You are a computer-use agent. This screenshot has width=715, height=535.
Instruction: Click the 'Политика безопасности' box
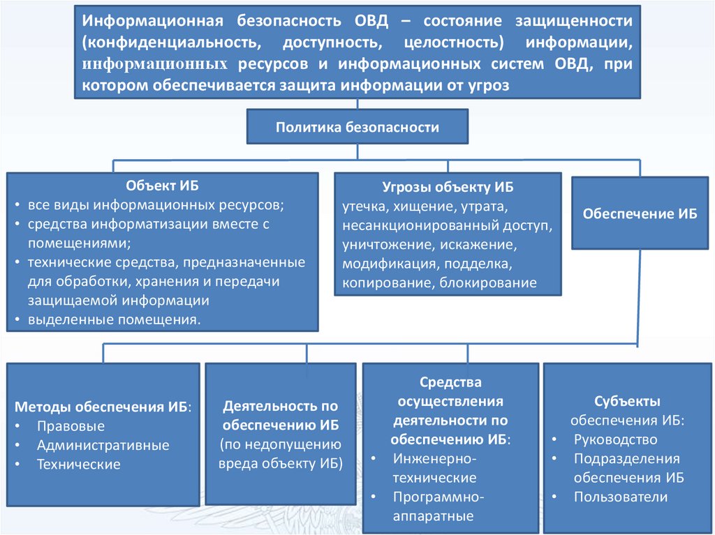tap(357, 128)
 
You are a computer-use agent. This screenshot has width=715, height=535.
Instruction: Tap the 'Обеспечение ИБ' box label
tap(640, 214)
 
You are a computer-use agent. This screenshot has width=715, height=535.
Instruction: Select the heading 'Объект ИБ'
tap(162, 186)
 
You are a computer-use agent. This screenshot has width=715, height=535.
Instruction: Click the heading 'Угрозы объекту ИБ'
tap(448, 188)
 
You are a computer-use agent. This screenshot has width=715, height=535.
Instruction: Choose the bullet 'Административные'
tap(103, 445)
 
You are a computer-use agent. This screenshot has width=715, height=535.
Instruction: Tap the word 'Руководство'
tap(615, 439)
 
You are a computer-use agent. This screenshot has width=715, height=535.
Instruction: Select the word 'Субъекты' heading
tap(627, 401)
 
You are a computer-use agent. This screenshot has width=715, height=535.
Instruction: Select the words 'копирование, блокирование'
tap(439, 283)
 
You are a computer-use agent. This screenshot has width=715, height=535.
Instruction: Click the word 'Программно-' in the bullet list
tap(438, 497)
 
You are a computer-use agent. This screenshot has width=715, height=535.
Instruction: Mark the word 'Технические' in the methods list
tap(78, 464)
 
